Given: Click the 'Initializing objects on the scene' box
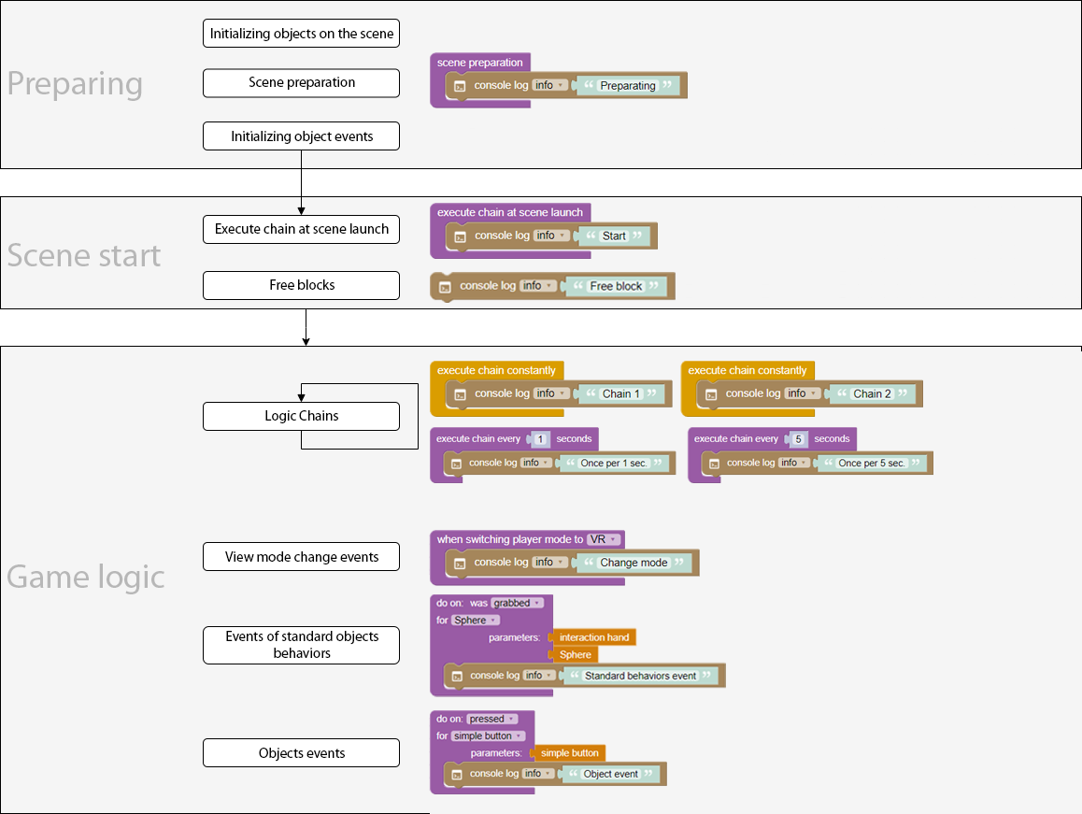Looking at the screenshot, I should pos(301,34).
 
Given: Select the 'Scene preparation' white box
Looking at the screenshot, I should pos(301,82).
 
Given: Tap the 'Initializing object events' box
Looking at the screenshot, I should pos(301,136).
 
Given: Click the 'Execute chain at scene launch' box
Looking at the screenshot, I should pos(301,229).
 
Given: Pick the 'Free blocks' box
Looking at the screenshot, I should pos(301,285).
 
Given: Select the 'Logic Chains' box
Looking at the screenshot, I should pos(301,416).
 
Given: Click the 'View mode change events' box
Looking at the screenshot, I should pos(301,557).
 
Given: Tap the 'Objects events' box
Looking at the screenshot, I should pos(301,753).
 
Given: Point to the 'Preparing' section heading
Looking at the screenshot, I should pos(75,84).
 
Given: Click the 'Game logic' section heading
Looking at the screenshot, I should pos(86,577).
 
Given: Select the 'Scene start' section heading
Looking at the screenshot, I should pos(84,255).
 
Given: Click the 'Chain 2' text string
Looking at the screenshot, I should pos(873,393).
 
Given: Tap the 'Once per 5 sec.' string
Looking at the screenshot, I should pos(872,463).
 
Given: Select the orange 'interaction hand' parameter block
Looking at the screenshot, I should pos(594,637).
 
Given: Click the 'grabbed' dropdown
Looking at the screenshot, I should pos(515,603).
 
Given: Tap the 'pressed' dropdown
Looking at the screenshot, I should pos(491,719).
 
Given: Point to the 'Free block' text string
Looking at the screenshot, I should pos(617,286).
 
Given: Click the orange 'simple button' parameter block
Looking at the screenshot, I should pos(569,752).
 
